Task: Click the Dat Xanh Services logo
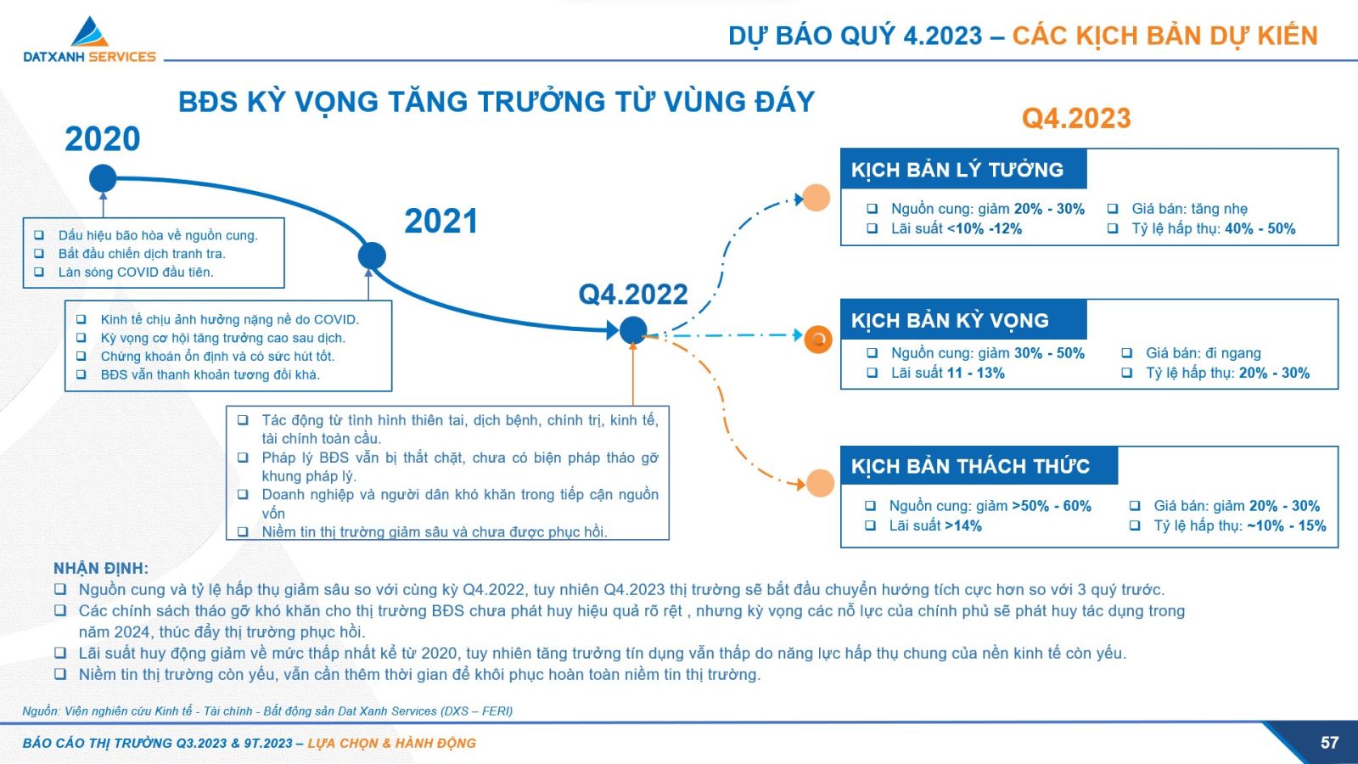pos(90,39)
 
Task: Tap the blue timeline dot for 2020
pos(103,178)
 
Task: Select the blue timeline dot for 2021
pos(373,256)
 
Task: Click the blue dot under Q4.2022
pos(633,330)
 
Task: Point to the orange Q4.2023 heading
pos(1076,118)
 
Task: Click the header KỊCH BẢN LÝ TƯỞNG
pos(957,170)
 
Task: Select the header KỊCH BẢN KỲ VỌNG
pos(950,320)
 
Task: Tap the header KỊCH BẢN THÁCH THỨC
pos(970,466)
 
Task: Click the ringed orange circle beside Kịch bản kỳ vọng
pos(818,339)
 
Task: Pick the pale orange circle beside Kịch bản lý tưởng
pos(816,198)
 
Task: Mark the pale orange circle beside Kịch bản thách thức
pos(820,483)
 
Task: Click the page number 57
pos(1329,743)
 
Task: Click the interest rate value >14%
pos(962,525)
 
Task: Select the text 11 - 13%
pos(975,373)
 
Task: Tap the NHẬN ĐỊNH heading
pos(101,568)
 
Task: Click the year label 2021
pos(441,221)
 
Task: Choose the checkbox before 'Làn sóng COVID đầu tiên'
pos(39,272)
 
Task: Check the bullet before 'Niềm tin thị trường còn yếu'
pos(60,674)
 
